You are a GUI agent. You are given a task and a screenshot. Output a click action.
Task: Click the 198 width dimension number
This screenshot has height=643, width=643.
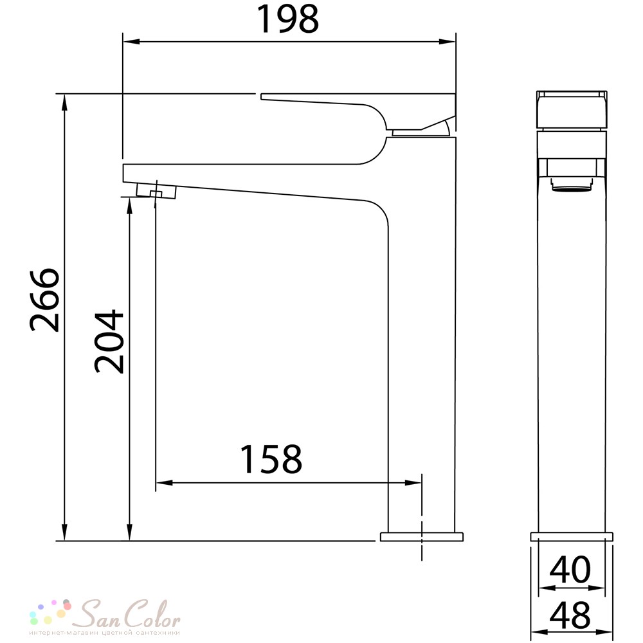click(x=287, y=19)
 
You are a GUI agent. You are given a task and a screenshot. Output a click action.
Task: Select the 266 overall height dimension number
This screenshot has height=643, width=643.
click(x=45, y=300)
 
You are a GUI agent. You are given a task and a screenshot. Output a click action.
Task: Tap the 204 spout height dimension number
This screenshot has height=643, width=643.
click(x=109, y=341)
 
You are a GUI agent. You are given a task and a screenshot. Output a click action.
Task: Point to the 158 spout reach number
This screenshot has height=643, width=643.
click(x=271, y=459)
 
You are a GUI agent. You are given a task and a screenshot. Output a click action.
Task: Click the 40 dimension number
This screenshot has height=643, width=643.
click(x=570, y=570)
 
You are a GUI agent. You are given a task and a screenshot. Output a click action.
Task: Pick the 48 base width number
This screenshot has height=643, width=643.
click(x=570, y=615)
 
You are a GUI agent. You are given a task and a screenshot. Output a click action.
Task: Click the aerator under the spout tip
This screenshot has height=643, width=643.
click(x=156, y=191)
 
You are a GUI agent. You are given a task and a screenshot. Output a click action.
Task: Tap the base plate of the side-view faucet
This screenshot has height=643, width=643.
click(x=422, y=537)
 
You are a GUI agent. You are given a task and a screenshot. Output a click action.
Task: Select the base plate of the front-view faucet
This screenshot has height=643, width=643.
click(x=572, y=537)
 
